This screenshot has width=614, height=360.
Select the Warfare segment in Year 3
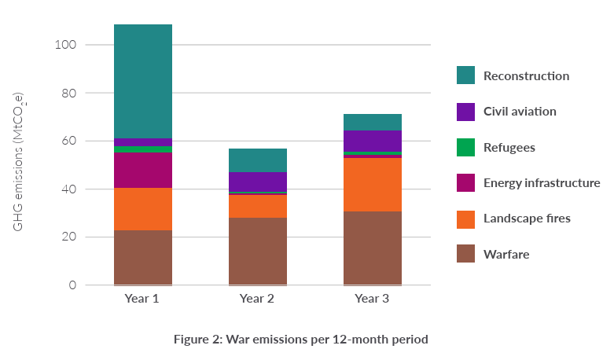[x=373, y=248]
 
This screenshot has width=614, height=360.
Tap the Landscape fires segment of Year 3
[x=373, y=185]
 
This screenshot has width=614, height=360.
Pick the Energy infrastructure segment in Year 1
[x=143, y=170]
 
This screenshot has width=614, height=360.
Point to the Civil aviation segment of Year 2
[x=258, y=182]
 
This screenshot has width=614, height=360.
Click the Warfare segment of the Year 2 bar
[x=258, y=252]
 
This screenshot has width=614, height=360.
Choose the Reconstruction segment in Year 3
[x=373, y=122]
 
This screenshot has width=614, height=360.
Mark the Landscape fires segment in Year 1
[x=143, y=209]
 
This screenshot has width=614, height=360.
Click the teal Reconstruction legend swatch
[x=465, y=75]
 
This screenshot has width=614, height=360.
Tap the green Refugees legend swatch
[x=465, y=147]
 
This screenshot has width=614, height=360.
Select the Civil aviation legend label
[x=520, y=111]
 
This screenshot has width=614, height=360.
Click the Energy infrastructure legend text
[x=542, y=182]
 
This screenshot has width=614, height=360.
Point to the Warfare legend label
[x=506, y=254]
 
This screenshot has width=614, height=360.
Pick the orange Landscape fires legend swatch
[x=465, y=218]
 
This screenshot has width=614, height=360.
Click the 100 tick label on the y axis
[x=66, y=45]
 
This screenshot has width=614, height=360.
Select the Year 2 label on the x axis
[x=257, y=299]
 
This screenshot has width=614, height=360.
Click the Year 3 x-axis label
[x=372, y=299]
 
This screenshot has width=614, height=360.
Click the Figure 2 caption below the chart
[x=301, y=340]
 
